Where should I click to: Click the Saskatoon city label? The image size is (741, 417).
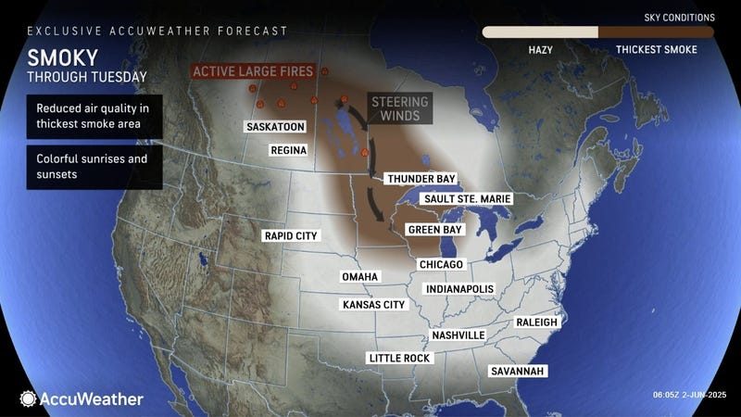click(276, 126)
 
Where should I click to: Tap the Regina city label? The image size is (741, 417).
click(288, 150)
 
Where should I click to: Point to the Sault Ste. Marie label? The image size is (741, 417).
click(466, 198)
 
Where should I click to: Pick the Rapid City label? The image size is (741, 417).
click(291, 236)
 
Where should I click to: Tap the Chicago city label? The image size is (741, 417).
click(440, 265)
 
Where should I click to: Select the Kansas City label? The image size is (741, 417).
click(374, 304)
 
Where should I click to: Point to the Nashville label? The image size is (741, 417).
click(458, 335)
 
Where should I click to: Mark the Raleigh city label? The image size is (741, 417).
click(537, 322)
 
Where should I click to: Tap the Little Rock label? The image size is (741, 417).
click(398, 358)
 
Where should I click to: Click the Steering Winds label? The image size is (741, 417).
click(396, 108)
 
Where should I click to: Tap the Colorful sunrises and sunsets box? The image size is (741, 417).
click(94, 166)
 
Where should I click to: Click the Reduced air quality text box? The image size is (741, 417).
click(94, 116)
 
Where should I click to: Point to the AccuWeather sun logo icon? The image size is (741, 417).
click(28, 398)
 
